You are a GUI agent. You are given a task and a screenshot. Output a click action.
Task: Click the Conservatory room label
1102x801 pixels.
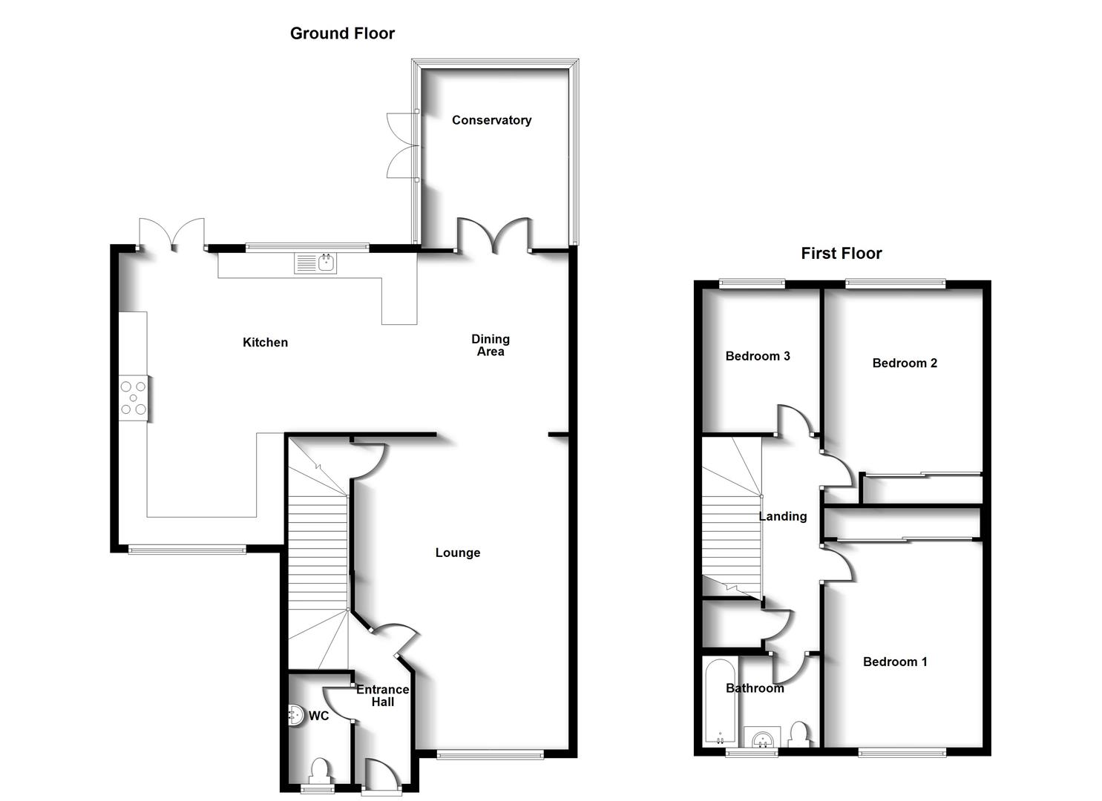[491, 120]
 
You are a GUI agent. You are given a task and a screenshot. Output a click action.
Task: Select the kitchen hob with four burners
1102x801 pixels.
[134, 398]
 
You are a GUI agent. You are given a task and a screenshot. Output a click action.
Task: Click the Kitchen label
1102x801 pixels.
[265, 343]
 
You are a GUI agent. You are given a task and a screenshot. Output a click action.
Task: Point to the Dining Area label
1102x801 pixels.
[491, 346]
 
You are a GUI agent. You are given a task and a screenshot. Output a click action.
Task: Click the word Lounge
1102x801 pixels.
[458, 553]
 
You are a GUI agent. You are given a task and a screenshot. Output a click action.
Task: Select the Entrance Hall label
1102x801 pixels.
[382, 696]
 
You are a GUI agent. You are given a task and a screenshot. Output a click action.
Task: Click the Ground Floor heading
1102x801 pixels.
[342, 33]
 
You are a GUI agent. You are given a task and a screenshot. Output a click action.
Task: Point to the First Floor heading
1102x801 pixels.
[841, 254]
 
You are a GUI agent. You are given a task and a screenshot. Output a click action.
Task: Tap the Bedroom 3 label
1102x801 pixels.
[758, 356]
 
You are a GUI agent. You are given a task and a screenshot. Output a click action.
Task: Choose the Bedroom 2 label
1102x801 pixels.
[905, 363]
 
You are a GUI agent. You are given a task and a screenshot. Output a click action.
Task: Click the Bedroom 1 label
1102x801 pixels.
[895, 662]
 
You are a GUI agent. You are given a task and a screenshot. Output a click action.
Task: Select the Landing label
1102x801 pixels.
[783, 516]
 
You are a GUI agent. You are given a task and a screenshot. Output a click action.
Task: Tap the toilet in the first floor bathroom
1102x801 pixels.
[799, 734]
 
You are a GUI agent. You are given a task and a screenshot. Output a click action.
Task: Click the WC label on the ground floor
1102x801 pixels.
[318, 716]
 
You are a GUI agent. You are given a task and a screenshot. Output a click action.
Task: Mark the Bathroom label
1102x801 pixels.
[755, 688]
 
